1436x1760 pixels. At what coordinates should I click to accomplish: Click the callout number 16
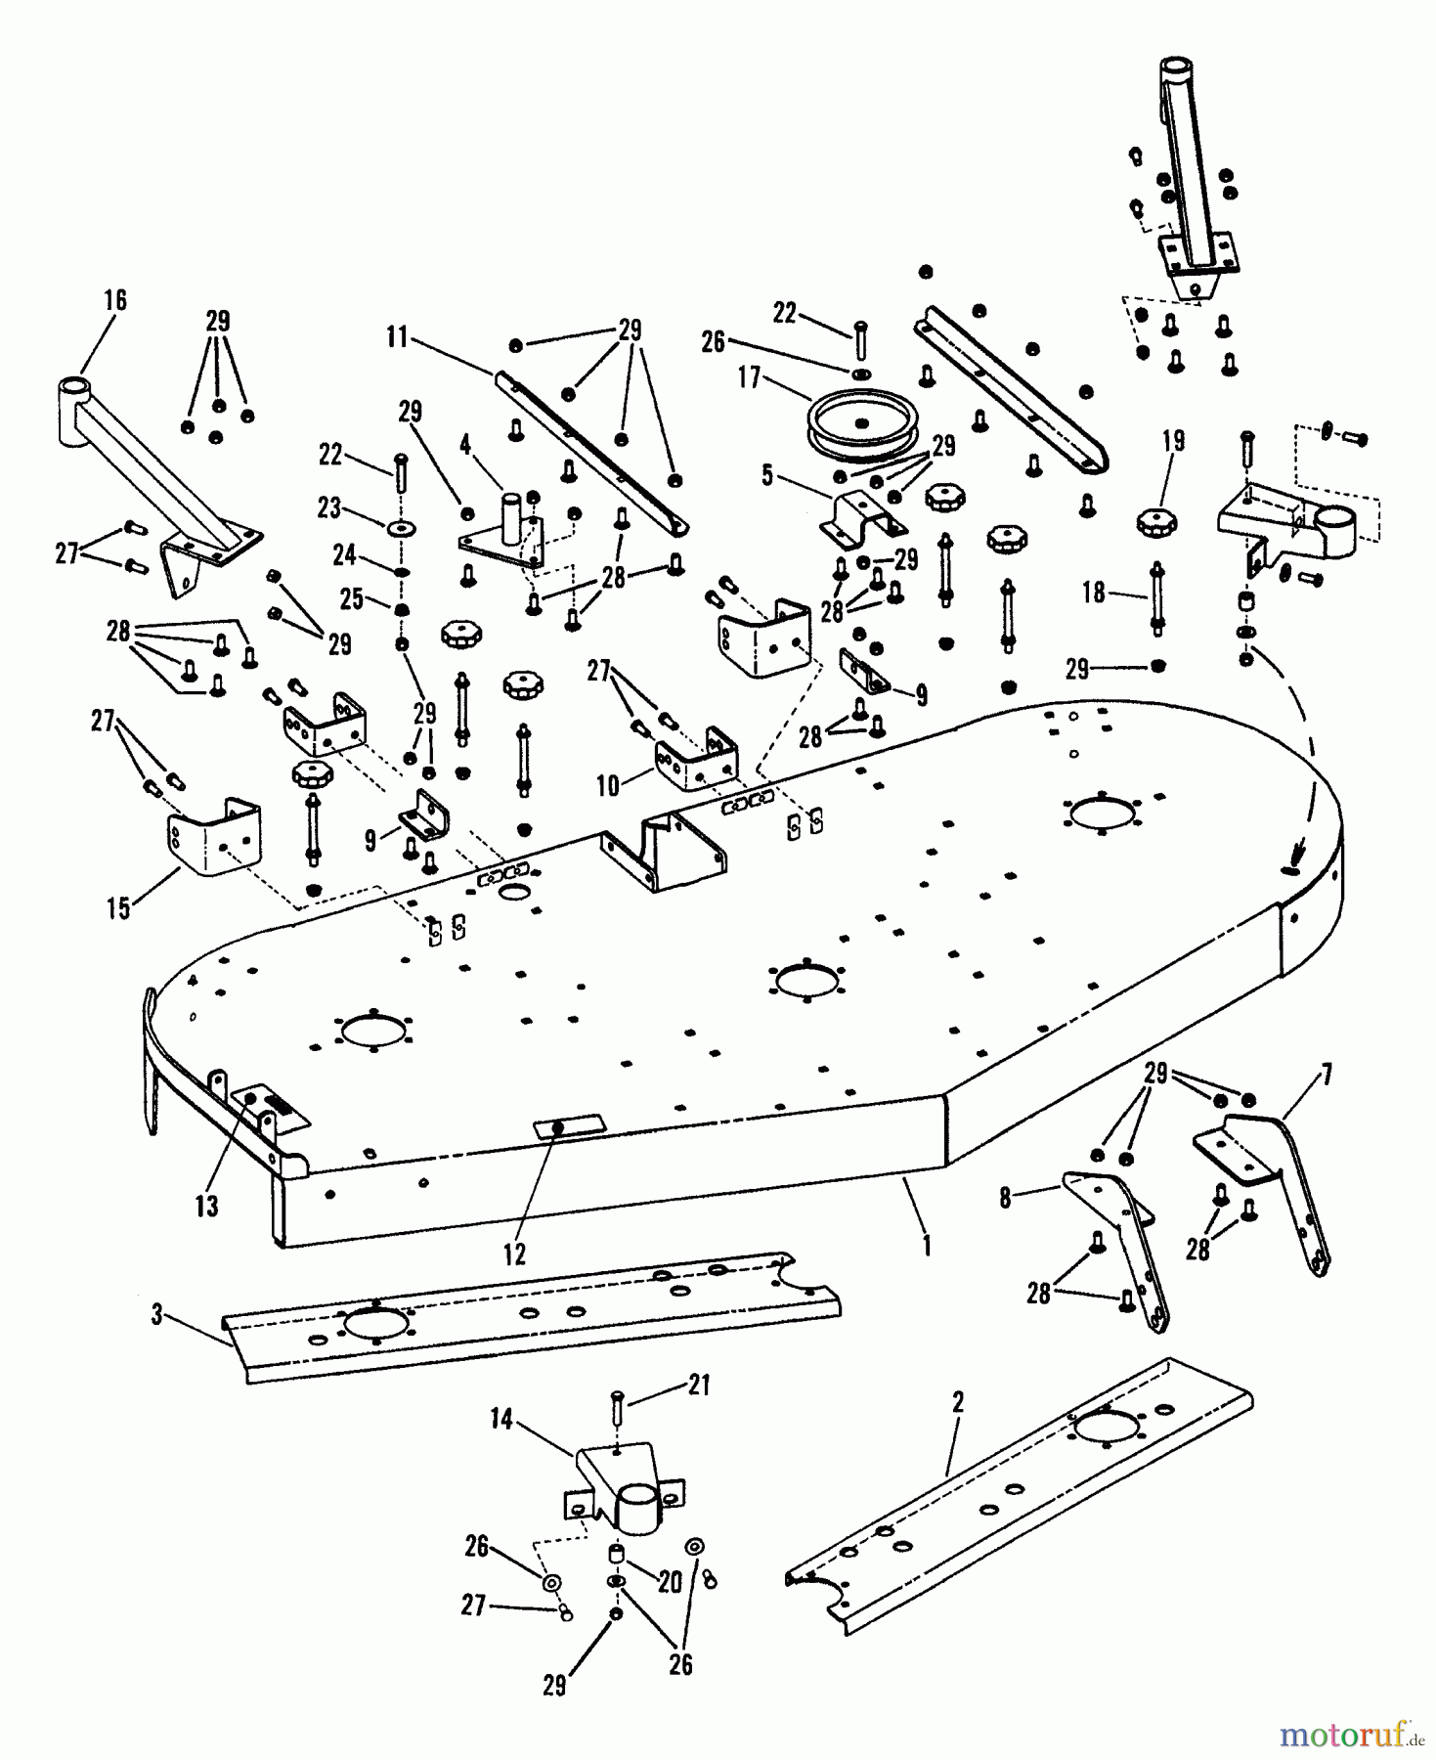(x=115, y=300)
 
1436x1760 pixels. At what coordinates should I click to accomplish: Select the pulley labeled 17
(x=860, y=420)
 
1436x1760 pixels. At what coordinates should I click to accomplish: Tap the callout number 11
(x=396, y=337)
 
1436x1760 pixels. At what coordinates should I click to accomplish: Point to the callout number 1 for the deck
(x=926, y=1247)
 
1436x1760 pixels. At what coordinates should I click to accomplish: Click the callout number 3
(x=157, y=1315)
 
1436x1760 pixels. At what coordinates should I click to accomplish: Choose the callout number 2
(x=958, y=1403)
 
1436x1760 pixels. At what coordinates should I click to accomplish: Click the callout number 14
(x=501, y=1419)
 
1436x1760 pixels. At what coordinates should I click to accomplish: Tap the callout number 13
(x=206, y=1207)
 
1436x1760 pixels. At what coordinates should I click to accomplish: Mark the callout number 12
(x=514, y=1254)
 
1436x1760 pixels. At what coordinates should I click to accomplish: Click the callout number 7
(x=1326, y=1078)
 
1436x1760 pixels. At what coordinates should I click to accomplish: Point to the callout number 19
(x=1173, y=441)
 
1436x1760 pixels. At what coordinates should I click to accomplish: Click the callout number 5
(x=767, y=475)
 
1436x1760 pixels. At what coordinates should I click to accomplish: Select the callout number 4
(x=465, y=445)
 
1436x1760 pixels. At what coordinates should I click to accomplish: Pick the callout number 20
(x=670, y=1581)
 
